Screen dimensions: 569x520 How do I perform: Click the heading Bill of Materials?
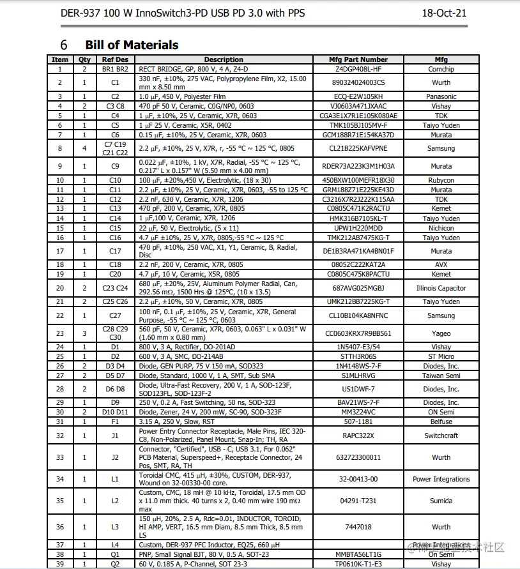click(132, 45)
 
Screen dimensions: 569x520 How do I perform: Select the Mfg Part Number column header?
click(358, 59)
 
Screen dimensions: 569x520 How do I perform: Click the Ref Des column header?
click(115, 59)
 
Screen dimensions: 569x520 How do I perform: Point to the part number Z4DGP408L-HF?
click(358, 69)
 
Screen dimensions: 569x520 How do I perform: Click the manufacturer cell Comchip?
click(441, 69)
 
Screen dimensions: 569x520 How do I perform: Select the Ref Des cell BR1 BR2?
click(115, 69)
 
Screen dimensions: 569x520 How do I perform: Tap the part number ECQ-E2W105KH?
click(358, 96)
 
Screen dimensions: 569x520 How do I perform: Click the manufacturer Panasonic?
click(441, 96)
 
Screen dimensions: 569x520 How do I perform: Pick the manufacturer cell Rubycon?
click(441, 180)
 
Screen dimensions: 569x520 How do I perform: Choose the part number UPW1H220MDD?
click(358, 228)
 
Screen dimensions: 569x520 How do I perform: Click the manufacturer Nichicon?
click(441, 228)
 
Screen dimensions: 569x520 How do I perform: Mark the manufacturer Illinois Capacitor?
click(441, 288)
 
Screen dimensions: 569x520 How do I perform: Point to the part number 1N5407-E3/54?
click(358, 347)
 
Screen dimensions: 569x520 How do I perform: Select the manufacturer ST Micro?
click(441, 356)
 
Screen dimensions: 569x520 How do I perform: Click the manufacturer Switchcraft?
click(441, 436)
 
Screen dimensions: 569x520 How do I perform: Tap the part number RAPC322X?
click(358, 436)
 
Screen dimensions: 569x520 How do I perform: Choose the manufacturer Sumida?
click(441, 501)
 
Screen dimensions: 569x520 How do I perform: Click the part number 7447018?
click(358, 527)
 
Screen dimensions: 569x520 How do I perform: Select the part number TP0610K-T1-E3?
click(358, 564)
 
